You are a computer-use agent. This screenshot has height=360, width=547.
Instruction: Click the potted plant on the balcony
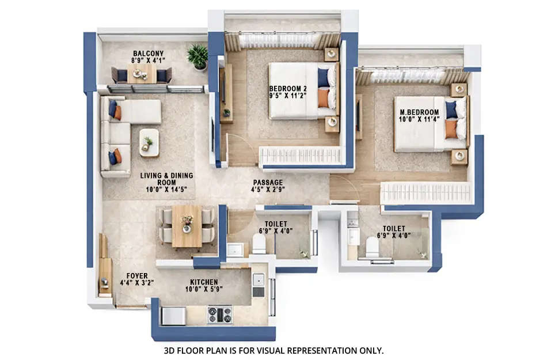(x=197, y=57)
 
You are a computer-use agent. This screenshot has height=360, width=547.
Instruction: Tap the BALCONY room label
(x=148, y=54)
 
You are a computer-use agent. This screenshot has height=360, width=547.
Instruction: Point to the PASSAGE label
(x=268, y=181)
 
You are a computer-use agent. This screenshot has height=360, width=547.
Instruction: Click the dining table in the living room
(x=187, y=225)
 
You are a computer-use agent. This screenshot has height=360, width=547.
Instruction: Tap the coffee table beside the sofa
(x=149, y=142)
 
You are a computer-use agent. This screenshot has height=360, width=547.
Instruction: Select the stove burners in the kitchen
(x=219, y=314)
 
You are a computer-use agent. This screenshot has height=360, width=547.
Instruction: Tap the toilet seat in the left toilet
(x=259, y=244)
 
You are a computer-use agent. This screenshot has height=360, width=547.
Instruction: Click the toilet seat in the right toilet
(x=373, y=248)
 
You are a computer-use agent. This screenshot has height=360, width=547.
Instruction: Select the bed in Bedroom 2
(x=299, y=90)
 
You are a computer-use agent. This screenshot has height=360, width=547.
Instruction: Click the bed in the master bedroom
(x=426, y=124)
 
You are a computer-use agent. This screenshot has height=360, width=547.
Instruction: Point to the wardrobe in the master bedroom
(x=426, y=193)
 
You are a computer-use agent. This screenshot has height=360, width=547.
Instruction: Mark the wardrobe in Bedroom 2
(x=301, y=156)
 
